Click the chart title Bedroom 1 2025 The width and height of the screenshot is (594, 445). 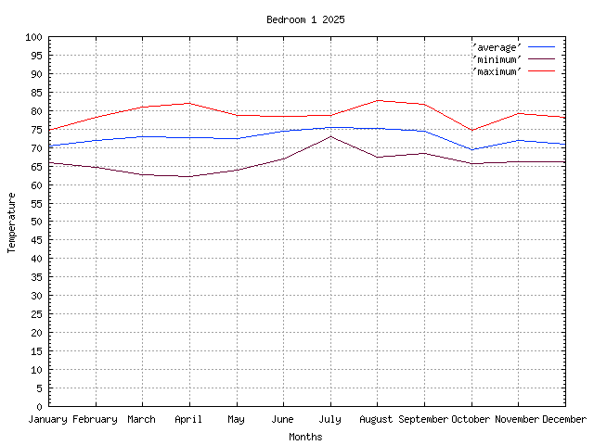305,19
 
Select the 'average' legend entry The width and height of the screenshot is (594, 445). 497,46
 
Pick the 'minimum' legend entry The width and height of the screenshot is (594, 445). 497,58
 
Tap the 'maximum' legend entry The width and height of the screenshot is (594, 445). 497,70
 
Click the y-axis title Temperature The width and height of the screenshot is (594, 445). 12,222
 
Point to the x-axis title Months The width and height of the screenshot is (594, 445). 305,437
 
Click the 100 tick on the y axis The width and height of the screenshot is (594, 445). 34,37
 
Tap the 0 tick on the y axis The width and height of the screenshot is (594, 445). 40,406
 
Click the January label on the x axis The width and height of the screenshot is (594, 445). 49,419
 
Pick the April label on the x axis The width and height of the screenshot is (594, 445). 189,419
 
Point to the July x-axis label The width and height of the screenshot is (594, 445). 330,419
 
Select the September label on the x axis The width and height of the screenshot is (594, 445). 424,419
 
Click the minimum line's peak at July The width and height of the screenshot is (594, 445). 330,136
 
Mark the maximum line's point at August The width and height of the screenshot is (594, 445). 378,100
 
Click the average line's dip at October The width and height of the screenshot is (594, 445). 471,149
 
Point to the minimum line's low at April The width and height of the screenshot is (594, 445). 189,176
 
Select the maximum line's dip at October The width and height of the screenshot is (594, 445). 471,130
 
